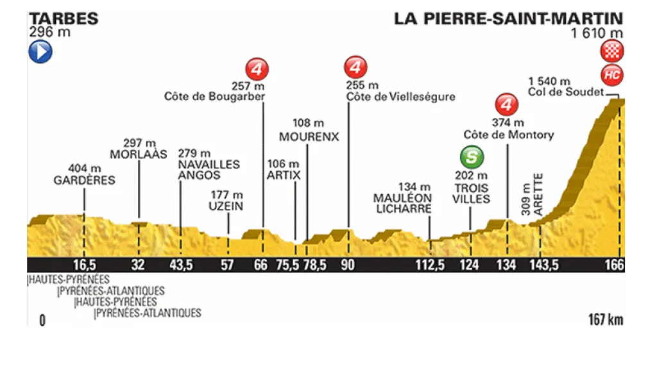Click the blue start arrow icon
click(40, 52)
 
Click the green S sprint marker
click(472, 157)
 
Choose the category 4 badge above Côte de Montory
click(508, 104)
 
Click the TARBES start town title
click(63, 18)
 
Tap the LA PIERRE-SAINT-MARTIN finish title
click(509, 18)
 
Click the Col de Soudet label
click(566, 92)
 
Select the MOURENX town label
click(309, 137)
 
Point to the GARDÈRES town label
click(84, 180)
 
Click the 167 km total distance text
click(605, 319)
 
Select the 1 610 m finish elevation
click(598, 33)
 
